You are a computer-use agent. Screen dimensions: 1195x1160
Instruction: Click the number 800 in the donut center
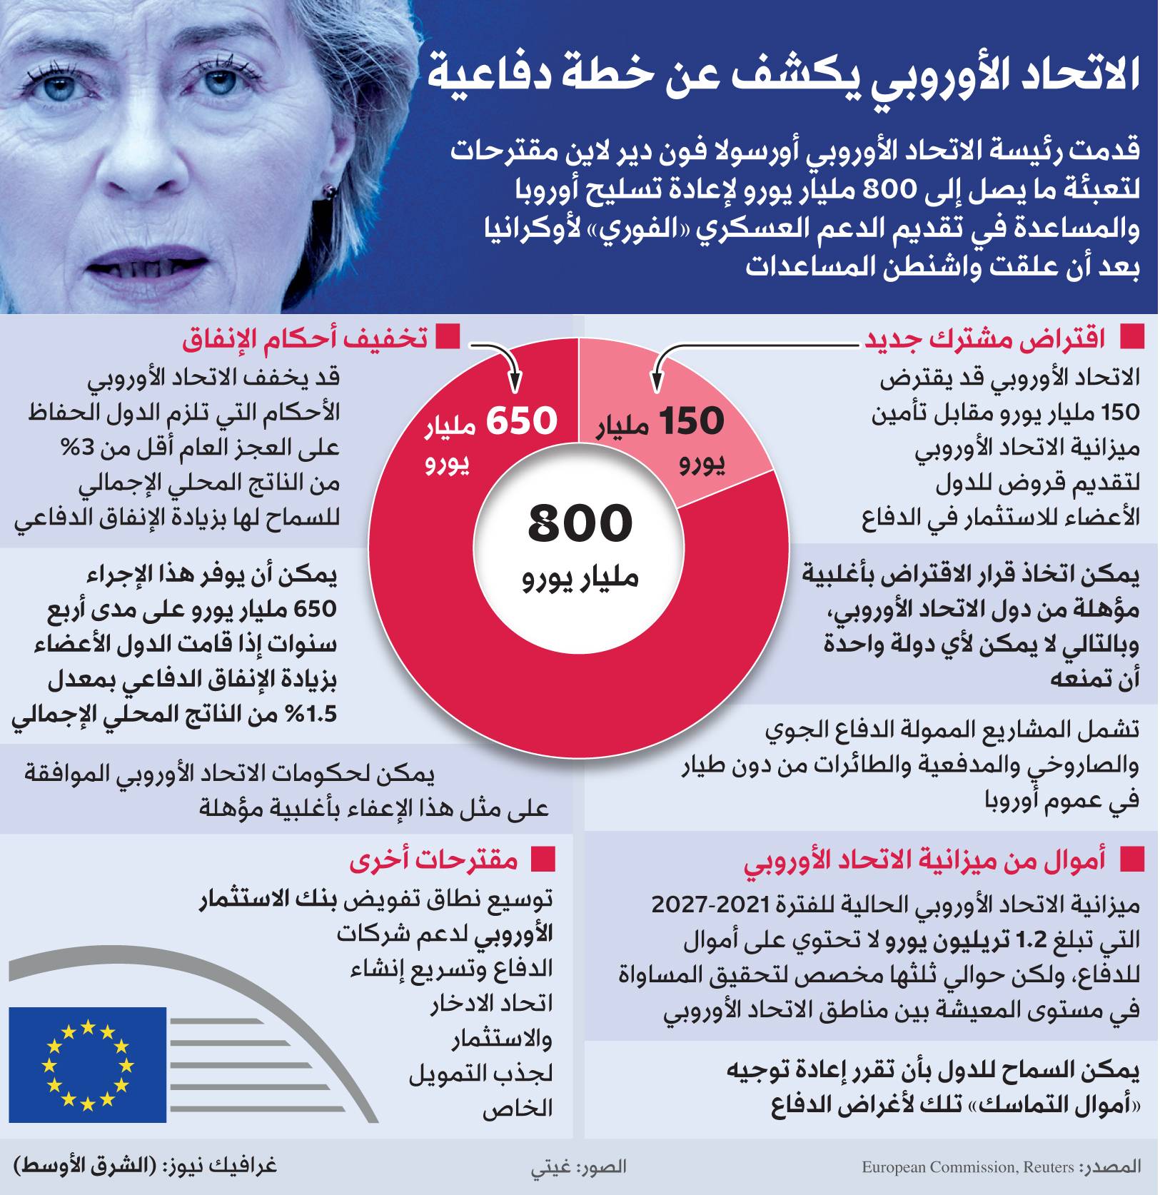click(580, 523)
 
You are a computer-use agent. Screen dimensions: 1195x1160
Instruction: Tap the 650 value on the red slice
click(521, 421)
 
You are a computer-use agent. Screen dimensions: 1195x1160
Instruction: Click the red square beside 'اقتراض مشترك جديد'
click(1131, 337)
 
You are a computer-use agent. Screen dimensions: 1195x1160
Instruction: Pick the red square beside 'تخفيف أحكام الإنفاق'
click(448, 337)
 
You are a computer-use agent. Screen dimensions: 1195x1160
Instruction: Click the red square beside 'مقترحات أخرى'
click(543, 860)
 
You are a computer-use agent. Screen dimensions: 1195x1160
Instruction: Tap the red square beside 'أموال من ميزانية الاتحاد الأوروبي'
click(1131, 860)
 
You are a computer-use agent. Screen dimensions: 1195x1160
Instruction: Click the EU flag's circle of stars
click(88, 1064)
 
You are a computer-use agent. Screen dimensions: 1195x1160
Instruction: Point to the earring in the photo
click(330, 191)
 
